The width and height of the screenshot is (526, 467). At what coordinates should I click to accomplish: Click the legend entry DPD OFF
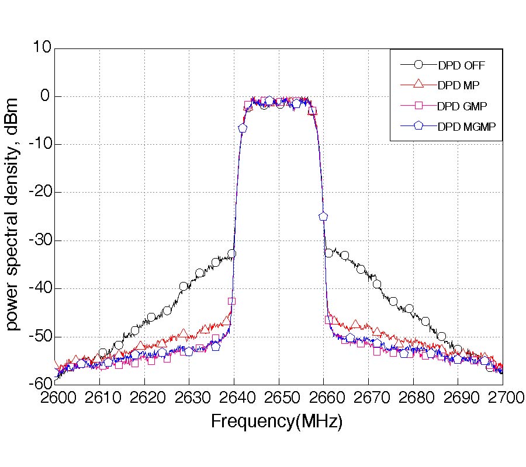click(x=461, y=65)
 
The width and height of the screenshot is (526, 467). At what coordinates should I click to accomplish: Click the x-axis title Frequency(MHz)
click(x=276, y=421)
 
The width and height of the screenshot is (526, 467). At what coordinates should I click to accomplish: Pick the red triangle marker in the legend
click(x=418, y=85)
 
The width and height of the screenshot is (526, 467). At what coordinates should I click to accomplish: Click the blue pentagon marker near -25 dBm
click(x=323, y=216)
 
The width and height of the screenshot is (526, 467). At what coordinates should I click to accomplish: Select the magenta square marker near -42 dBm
click(x=232, y=301)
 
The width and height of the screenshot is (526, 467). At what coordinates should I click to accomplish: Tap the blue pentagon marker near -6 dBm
click(x=243, y=127)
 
